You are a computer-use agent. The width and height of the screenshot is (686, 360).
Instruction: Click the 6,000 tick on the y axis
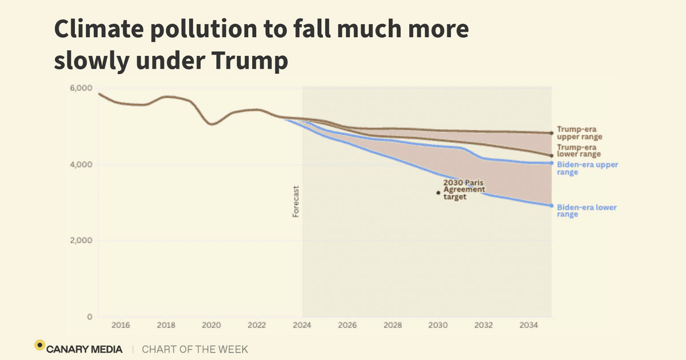[x=81, y=88]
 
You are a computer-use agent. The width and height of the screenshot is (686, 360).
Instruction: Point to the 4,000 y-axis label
[x=81, y=165]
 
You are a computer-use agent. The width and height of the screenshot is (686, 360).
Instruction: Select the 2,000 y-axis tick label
[x=81, y=241]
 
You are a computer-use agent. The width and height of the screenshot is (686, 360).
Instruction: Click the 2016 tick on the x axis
[x=121, y=326]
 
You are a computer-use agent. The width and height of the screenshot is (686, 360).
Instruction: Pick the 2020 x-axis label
[x=212, y=326]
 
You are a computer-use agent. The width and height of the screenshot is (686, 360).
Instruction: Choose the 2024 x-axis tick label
[x=302, y=326]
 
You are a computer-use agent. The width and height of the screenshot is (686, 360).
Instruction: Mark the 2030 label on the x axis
[x=438, y=326]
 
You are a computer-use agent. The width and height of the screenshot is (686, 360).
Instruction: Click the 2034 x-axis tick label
[x=529, y=326]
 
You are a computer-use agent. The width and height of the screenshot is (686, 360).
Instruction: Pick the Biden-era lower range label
[x=587, y=211]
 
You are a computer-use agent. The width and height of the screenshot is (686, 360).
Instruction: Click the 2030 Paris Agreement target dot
[x=438, y=193]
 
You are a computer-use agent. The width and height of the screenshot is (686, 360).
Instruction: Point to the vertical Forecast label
[x=296, y=201]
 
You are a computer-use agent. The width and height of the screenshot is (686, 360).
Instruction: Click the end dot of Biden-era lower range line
[x=552, y=206]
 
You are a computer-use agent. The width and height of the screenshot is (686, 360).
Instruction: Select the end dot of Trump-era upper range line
[x=552, y=133]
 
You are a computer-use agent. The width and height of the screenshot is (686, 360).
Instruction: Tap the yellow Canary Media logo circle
[x=39, y=345]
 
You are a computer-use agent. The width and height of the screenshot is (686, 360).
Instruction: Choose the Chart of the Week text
[x=195, y=349]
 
